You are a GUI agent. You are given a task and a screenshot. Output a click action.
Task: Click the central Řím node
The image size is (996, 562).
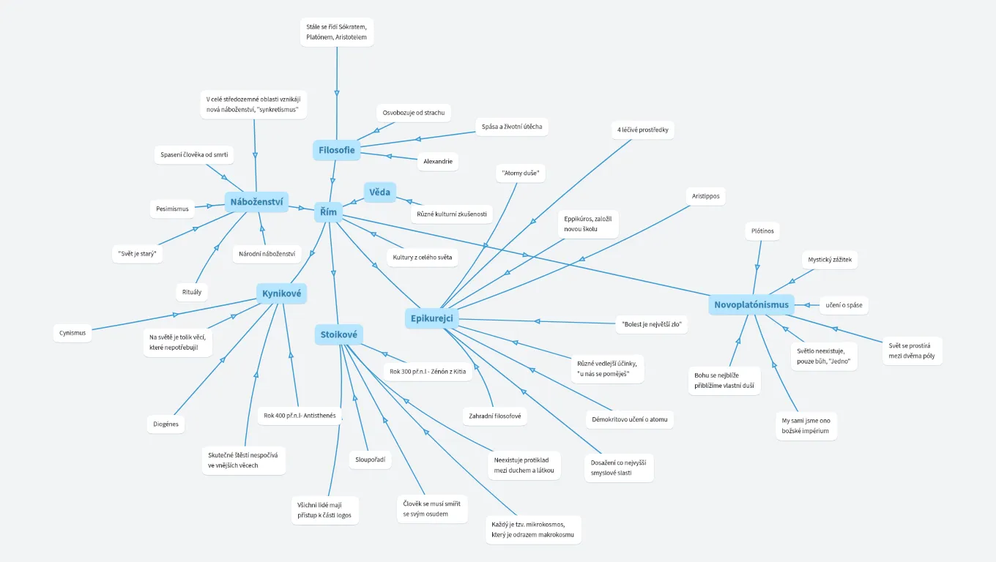(329, 212)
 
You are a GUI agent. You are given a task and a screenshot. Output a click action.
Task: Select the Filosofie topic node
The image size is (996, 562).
(337, 150)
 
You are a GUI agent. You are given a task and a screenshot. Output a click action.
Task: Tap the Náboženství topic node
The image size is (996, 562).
(256, 202)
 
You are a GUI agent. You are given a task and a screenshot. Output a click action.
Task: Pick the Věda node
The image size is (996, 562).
(379, 192)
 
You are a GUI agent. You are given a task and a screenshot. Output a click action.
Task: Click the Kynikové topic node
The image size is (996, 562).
(282, 294)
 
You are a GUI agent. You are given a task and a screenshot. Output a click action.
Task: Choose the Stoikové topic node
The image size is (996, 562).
(339, 335)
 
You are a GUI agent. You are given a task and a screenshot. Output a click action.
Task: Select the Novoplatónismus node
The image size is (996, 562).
(751, 304)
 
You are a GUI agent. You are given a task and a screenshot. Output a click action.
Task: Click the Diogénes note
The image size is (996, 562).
(166, 424)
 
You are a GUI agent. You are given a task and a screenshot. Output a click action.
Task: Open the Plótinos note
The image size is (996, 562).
(762, 231)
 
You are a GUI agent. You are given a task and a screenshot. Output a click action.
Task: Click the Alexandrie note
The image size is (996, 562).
(438, 161)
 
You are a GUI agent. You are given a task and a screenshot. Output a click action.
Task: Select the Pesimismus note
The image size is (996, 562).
(172, 209)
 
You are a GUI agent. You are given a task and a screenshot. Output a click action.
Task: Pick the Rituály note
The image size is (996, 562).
(192, 292)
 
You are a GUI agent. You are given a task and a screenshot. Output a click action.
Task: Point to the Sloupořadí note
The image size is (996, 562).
(370, 460)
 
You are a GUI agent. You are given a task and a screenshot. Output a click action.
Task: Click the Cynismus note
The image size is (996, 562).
(73, 332)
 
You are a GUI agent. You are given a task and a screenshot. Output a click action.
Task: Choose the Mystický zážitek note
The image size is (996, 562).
(830, 259)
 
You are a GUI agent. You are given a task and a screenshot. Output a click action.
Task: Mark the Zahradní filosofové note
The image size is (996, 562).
(494, 416)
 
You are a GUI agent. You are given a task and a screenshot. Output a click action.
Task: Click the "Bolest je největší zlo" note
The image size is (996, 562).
(652, 323)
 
